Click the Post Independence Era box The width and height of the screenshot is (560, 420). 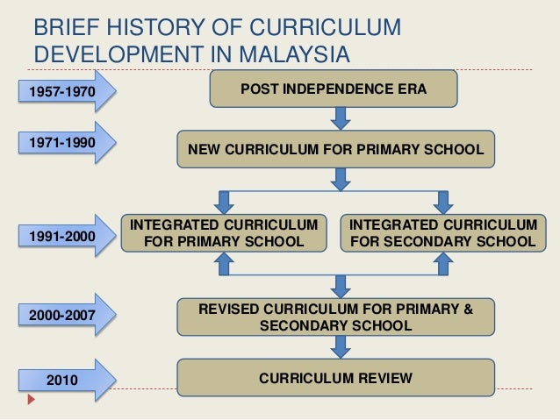pos(333,89)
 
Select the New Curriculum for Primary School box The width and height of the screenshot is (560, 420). pos(336,149)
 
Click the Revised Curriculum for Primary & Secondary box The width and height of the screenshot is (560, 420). pos(336,317)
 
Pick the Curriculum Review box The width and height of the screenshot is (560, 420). pos(336,379)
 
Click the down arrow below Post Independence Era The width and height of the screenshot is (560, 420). pos(341,117)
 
